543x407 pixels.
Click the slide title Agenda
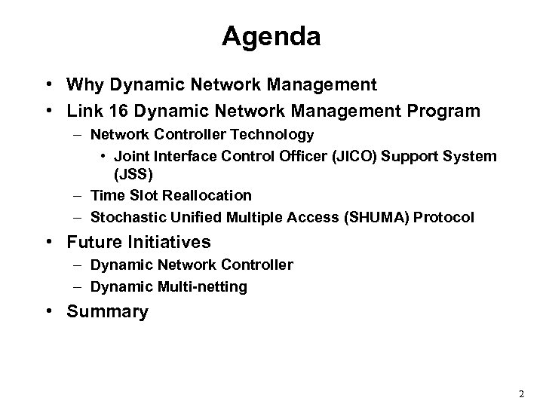click(x=271, y=36)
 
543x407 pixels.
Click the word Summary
click(x=107, y=312)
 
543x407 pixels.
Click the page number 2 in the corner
click(x=521, y=394)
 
